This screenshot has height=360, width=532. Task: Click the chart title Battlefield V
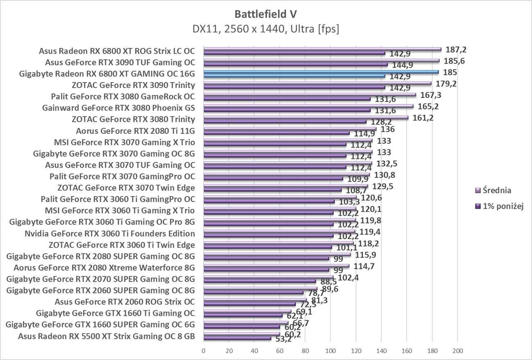pyautogui.click(x=266, y=14)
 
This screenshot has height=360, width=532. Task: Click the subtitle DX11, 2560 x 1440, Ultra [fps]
pyautogui.click(x=266, y=29)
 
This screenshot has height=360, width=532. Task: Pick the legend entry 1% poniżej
pyautogui.click(x=497, y=206)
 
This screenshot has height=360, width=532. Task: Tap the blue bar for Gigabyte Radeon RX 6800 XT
pyautogui.click(x=321, y=72)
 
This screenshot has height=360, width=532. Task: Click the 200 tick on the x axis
pyautogui.click(x=458, y=351)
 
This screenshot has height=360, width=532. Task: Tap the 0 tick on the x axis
pyautogui.click(x=203, y=351)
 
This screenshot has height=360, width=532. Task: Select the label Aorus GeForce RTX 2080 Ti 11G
pyautogui.click(x=135, y=131)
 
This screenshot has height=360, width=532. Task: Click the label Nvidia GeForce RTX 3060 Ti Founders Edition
pyautogui.click(x=110, y=234)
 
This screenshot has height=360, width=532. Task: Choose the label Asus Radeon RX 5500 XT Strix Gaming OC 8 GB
pyautogui.click(x=106, y=336)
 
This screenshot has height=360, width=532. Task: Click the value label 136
pyautogui.click(x=387, y=129)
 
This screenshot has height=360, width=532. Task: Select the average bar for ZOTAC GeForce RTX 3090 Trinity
pyautogui.click(x=317, y=83)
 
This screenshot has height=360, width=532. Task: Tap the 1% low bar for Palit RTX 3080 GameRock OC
pyautogui.click(x=287, y=99)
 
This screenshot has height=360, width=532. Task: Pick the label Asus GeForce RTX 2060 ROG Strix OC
pyautogui.click(x=124, y=302)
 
